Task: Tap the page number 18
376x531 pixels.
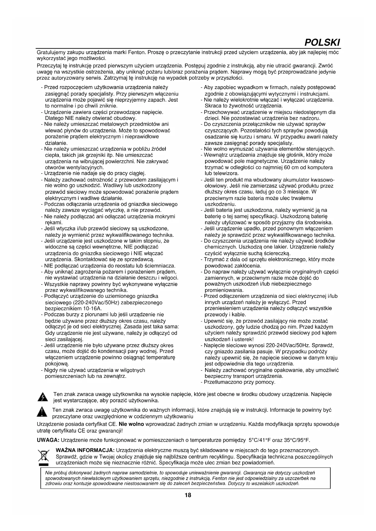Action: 188,495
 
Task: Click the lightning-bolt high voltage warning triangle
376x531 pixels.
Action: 43,397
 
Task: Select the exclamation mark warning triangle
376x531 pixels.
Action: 42,413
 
